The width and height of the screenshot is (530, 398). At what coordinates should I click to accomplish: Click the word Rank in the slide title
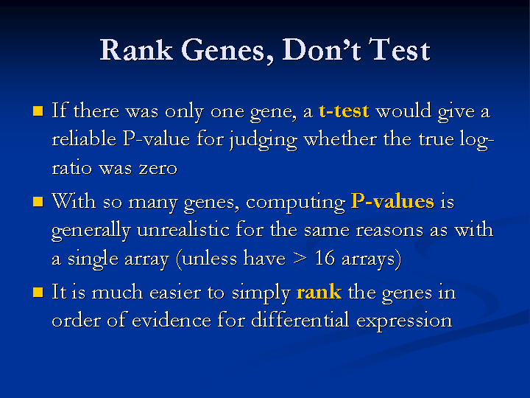137,50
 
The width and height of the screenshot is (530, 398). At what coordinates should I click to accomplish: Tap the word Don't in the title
322,50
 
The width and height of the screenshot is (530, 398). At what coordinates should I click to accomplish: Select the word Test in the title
399,50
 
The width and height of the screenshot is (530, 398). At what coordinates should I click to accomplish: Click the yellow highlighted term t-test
344,111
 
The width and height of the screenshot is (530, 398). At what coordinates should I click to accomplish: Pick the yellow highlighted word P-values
392,201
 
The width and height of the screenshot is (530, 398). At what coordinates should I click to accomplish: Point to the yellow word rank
319,292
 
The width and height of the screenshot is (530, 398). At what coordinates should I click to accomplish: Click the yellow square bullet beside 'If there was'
38,111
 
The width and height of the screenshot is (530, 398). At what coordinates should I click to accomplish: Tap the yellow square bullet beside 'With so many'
38,201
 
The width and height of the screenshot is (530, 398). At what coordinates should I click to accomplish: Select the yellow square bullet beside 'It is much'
38,292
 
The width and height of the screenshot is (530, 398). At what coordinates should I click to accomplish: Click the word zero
158,169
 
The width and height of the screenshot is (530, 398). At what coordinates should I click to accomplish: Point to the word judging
264,140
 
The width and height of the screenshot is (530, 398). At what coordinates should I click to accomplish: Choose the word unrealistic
183,229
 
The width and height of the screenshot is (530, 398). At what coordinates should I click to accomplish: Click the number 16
325,258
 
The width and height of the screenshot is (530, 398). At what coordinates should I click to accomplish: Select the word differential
300,319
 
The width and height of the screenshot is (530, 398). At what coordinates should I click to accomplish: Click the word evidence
172,320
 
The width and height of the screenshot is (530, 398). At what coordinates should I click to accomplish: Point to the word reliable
84,139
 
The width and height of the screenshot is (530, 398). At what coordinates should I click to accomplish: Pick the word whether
340,139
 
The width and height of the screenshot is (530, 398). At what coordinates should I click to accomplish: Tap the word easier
175,293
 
